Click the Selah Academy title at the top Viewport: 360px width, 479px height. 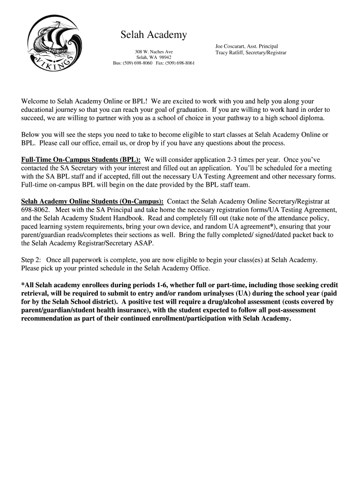click(154, 35)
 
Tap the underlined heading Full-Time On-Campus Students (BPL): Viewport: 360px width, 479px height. click(81, 160)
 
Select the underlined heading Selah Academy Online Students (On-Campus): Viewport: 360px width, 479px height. click(92, 202)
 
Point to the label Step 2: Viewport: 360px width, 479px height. click(31, 260)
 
